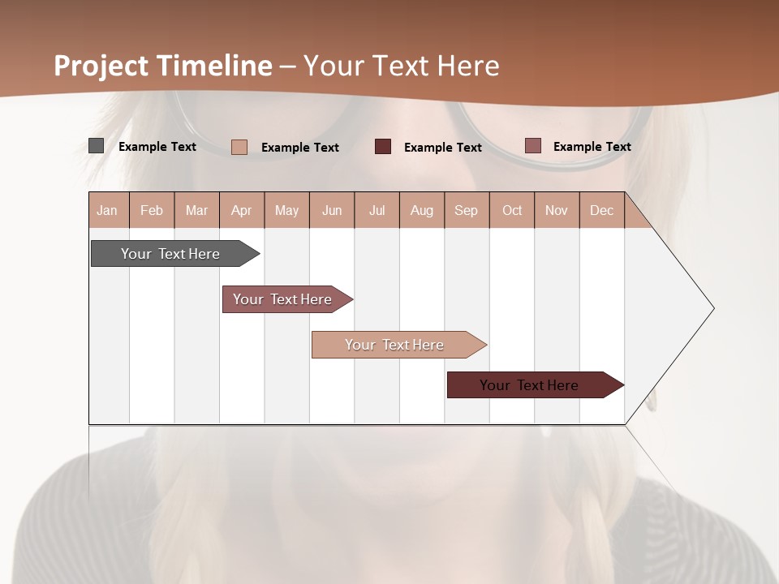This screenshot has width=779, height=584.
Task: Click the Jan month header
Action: tap(108, 210)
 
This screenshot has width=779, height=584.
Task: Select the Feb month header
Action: tap(152, 210)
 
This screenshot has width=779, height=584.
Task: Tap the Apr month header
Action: tap(242, 210)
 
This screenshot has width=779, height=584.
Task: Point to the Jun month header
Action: tap(332, 210)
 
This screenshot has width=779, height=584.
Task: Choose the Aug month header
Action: tap(422, 210)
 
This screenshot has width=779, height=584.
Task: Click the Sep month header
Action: tap(467, 210)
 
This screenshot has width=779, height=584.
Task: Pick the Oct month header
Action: tap(512, 210)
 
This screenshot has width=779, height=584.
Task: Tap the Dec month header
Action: tap(602, 210)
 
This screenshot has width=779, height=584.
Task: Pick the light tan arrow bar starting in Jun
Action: tap(396, 345)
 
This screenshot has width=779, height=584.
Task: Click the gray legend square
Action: tap(96, 146)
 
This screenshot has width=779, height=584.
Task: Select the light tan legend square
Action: tap(239, 147)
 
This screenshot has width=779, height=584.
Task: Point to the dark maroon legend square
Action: tap(383, 147)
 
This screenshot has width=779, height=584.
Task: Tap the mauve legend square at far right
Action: tap(532, 146)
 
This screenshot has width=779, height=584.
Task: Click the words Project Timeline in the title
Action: tap(162, 66)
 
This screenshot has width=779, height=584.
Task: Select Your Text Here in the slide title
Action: tap(401, 66)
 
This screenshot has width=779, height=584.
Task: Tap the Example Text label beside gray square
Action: tap(157, 147)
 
